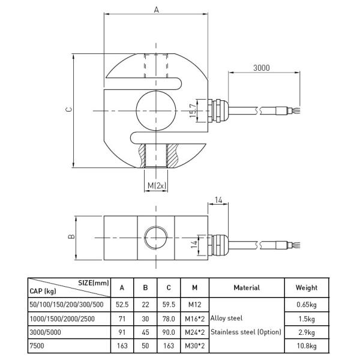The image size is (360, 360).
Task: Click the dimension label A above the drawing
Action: [156, 10]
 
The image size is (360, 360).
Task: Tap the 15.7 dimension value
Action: [192, 110]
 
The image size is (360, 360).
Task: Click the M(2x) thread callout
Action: [156, 186]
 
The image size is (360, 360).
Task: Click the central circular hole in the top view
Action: [155, 110]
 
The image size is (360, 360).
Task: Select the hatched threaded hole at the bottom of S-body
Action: [156, 155]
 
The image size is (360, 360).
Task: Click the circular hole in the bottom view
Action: [156, 237]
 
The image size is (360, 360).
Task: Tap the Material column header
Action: [246, 288]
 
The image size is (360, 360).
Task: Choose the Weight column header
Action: [307, 288]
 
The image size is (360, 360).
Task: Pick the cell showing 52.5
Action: [122, 305]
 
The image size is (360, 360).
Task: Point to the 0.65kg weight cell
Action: [307, 305]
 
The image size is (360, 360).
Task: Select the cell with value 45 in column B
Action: [145, 331]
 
